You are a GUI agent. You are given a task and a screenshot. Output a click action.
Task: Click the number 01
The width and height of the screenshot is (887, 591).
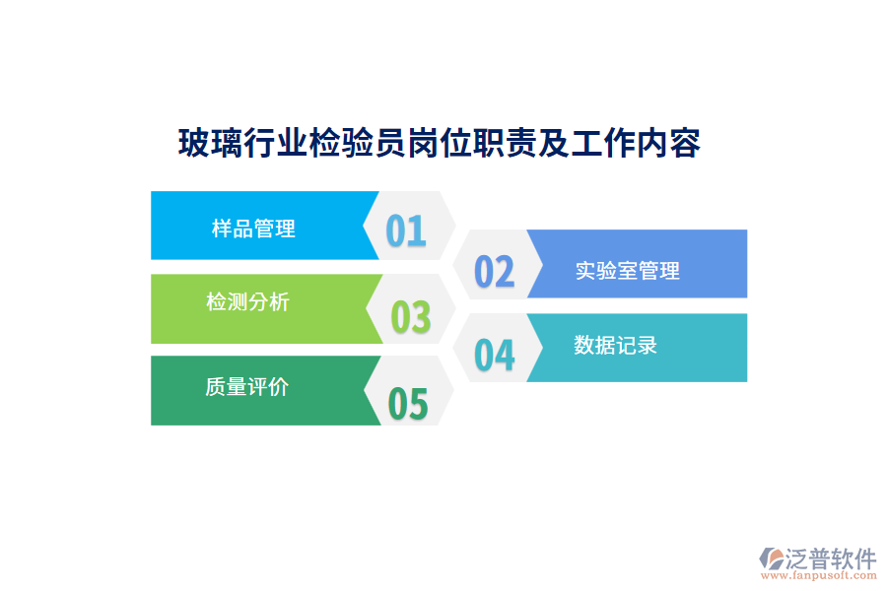[x=405, y=230]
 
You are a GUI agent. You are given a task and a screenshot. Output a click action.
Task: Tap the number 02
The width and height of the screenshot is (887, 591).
[x=495, y=271]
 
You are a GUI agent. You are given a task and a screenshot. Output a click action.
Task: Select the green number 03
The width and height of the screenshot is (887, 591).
[x=411, y=317]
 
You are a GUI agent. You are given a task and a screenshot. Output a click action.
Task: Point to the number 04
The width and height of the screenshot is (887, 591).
[x=495, y=355]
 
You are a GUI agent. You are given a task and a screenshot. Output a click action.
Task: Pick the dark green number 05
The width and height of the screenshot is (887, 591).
[x=408, y=404]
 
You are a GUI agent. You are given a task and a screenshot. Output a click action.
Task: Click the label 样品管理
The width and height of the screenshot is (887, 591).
[x=253, y=229]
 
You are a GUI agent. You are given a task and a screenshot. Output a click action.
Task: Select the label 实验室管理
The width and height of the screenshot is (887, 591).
[x=628, y=270]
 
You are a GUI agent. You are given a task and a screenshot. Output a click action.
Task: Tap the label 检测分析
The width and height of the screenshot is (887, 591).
[x=247, y=301]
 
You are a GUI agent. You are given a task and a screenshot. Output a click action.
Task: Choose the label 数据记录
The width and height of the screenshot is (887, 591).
[x=615, y=345]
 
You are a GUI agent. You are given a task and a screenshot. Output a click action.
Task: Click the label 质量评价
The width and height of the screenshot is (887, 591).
[x=246, y=386]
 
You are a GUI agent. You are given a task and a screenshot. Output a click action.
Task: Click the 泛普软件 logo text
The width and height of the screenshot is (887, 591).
[x=832, y=558]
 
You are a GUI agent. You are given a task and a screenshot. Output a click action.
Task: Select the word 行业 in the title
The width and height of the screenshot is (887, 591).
[x=275, y=144]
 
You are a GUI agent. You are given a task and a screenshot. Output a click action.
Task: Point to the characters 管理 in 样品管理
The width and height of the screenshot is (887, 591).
[x=275, y=229]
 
